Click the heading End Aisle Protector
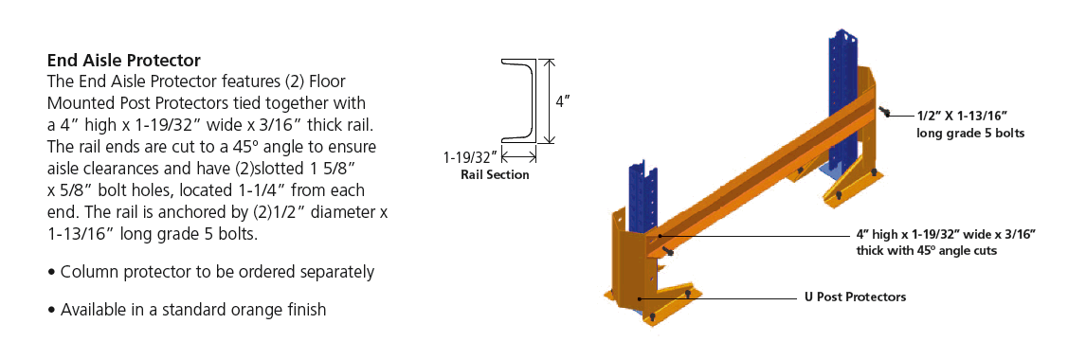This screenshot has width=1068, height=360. pyautogui.click(x=123, y=60)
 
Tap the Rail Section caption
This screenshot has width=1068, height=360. pyautogui.click(x=495, y=175)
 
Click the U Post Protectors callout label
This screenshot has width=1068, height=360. pyautogui.click(x=851, y=297)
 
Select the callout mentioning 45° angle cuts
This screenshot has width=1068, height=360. pyautogui.click(x=946, y=243)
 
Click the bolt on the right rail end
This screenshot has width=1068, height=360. pyautogui.click(x=884, y=112)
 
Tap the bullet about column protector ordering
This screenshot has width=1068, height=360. pyautogui.click(x=211, y=272)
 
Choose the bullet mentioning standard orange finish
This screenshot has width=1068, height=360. pyautogui.click(x=187, y=310)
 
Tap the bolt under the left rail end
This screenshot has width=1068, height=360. pyautogui.click(x=668, y=253)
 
